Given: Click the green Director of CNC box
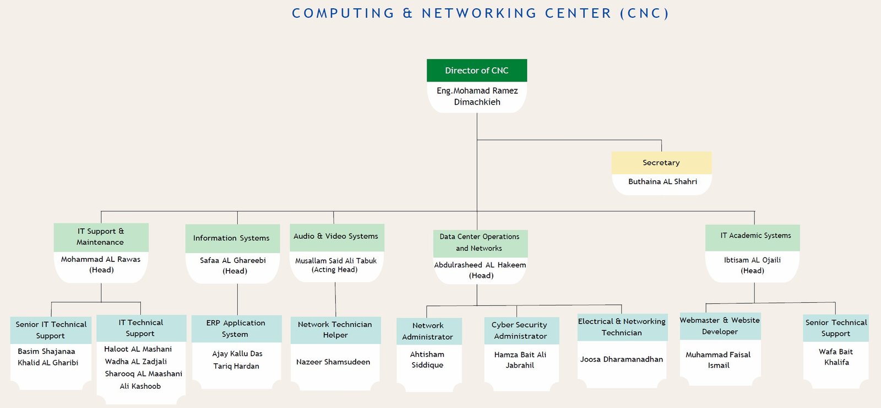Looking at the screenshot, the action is coord(477,71).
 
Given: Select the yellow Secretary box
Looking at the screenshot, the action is coord(661,163).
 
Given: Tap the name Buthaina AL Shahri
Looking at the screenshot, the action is coord(662,181).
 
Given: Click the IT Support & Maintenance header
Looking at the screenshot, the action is coord(101,237).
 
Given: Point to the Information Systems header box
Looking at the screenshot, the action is coord(232,238).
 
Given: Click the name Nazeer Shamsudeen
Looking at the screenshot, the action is coord(333,362).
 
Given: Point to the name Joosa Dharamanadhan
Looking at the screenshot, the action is coord(622,359).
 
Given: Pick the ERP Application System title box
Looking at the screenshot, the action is coord(236,329).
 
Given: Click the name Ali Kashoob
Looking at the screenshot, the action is coord(140,386).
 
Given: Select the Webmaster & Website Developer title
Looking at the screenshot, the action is coord(720,326).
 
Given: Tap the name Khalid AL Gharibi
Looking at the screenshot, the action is coord(48,363).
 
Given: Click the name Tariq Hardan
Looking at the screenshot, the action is coord(236,366).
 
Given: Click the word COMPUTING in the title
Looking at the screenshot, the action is coord(343,13).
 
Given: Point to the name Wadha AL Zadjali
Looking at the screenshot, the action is coord(135,362).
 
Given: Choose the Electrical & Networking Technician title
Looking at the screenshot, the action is coord(622,327).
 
